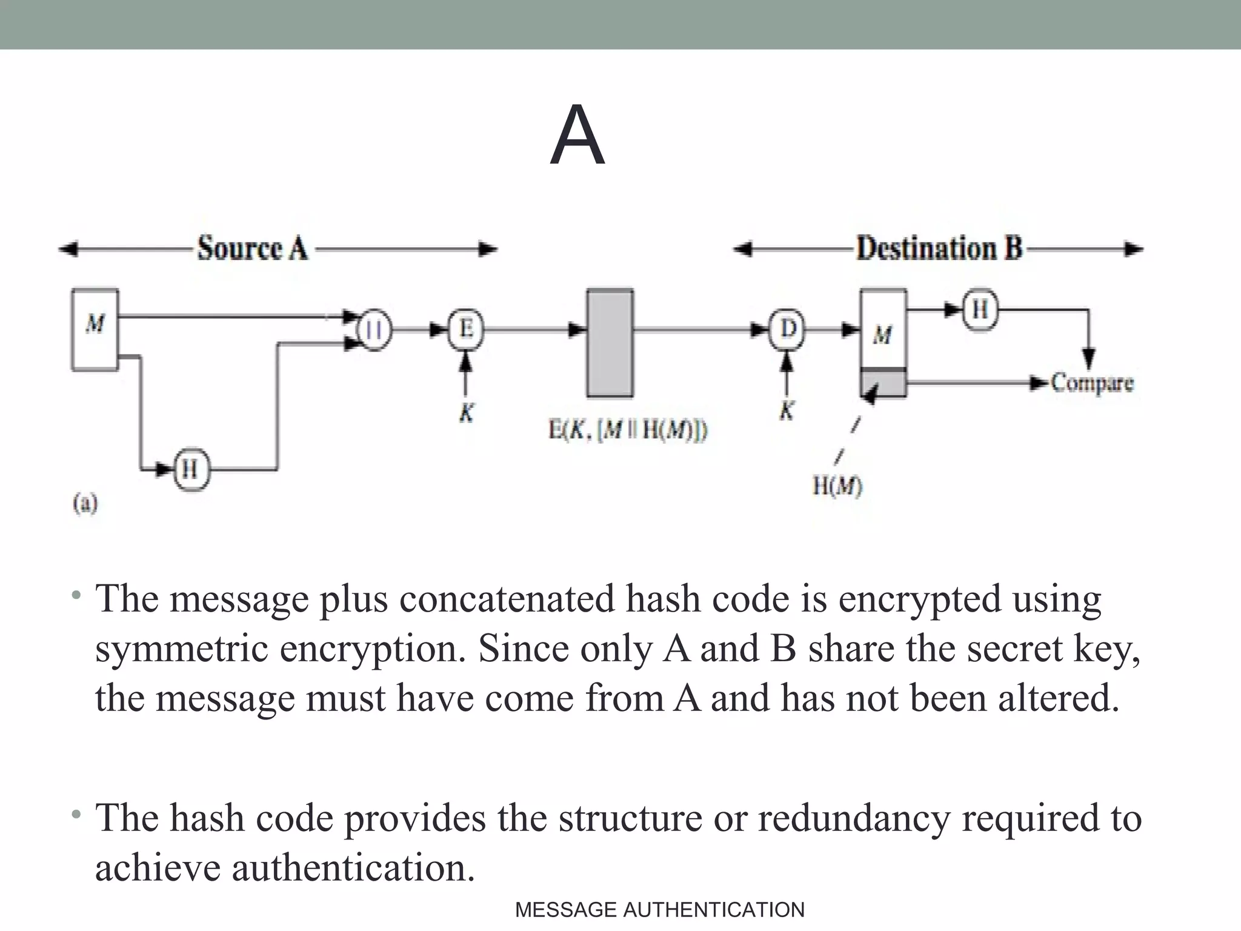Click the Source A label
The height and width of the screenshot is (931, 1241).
[253, 249]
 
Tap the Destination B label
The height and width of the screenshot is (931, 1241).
[939, 249]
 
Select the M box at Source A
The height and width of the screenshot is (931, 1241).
[95, 329]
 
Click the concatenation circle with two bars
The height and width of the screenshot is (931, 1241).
[375, 330]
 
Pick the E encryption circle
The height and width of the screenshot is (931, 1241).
[465, 330]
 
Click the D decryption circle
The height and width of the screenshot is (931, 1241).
[787, 330]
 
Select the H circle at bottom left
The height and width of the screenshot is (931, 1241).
[191, 469]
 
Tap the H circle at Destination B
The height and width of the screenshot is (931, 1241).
[980, 310]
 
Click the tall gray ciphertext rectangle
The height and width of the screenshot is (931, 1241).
[610, 343]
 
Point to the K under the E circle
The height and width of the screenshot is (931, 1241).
[465, 413]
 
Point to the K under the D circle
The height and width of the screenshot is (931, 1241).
[786, 411]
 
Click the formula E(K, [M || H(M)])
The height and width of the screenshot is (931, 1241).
[628, 430]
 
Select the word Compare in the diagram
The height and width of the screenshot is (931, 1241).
[1092, 383]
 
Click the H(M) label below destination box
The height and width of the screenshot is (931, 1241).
[837, 486]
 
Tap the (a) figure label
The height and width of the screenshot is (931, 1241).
[85, 503]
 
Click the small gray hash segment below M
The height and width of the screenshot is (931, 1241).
[883, 383]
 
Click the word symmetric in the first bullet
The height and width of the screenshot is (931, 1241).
[181, 649]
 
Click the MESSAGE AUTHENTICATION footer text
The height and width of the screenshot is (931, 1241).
[659, 910]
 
